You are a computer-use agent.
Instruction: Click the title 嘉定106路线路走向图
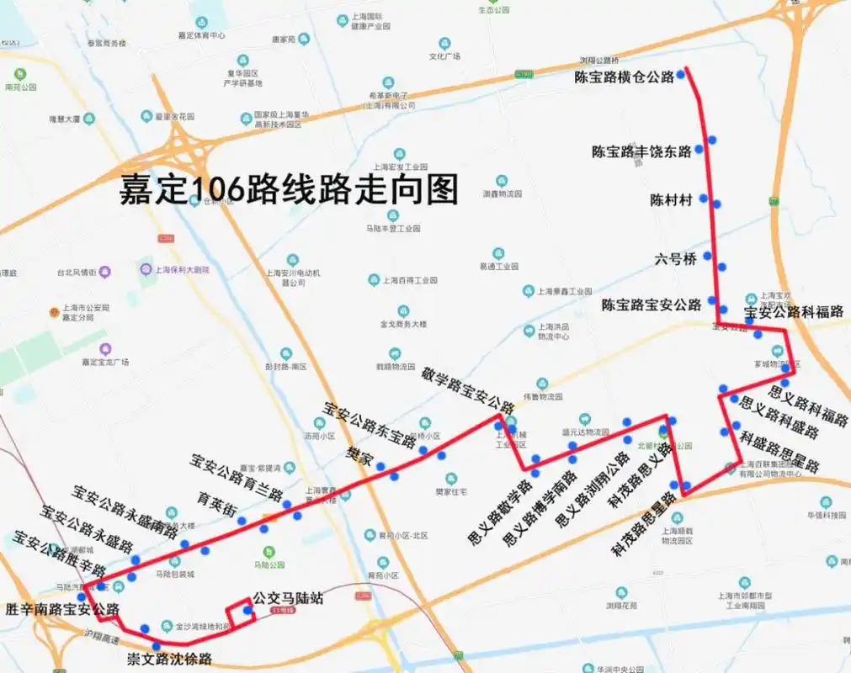[x=289, y=190]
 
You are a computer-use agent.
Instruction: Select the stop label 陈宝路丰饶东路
[x=641, y=152]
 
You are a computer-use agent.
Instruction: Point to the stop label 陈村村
[x=671, y=200]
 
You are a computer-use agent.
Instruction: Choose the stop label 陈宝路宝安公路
[x=651, y=305]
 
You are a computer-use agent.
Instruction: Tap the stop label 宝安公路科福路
[x=794, y=312]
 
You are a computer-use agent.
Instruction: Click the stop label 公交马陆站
[x=288, y=599]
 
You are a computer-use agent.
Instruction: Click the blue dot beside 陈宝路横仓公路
[x=680, y=75]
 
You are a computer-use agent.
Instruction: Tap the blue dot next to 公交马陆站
[x=247, y=611]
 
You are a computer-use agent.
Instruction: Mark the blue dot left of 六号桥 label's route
[x=707, y=256]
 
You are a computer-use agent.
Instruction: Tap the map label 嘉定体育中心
[x=201, y=35]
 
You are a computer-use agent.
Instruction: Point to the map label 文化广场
[x=444, y=56]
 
